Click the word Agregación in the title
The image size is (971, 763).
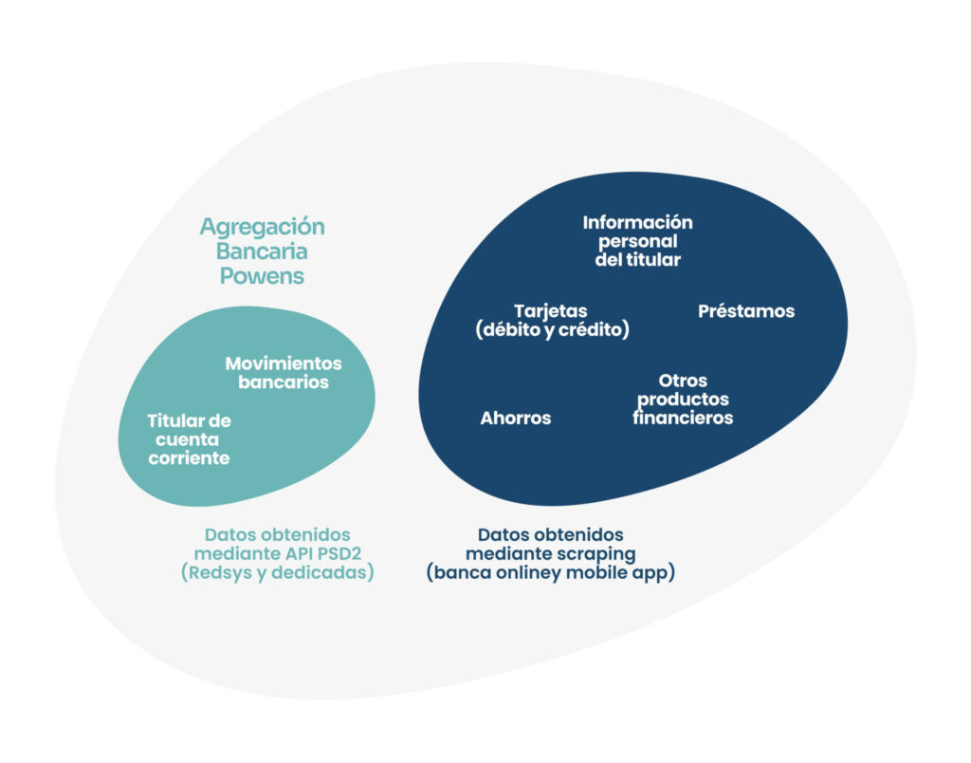tap(262, 227)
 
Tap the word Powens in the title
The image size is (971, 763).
tap(262, 276)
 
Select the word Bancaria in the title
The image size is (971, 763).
tap(262, 251)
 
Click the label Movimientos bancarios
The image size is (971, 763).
tap(284, 373)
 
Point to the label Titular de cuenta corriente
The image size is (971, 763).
tap(189, 439)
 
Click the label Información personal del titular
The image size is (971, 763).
tap(637, 241)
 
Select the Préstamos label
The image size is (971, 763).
tap(745, 311)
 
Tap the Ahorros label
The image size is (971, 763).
tap(515, 418)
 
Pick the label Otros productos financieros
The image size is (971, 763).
tap(683, 399)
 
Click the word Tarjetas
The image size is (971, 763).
tap(550, 311)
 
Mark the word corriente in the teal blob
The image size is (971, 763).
tap(189, 458)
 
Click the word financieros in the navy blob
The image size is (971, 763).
tap(683, 418)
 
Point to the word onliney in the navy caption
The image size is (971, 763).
tap(539, 573)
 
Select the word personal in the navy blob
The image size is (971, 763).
tap(637, 241)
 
